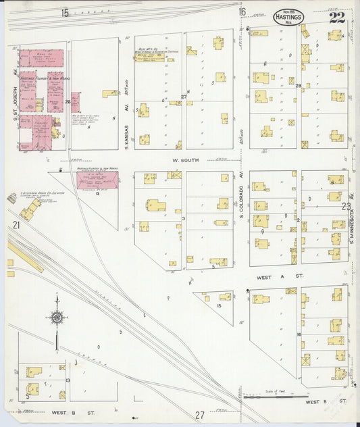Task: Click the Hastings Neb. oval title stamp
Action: click(x=288, y=17)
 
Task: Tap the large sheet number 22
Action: click(x=336, y=18)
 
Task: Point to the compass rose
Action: click(x=58, y=317)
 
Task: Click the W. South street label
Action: click(x=184, y=160)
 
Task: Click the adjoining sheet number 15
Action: click(x=65, y=13)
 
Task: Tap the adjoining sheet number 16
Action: click(x=241, y=12)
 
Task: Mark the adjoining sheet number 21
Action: click(x=16, y=234)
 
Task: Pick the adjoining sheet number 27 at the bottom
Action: click(x=199, y=415)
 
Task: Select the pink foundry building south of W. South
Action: click(x=97, y=180)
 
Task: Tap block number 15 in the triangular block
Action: click(x=219, y=306)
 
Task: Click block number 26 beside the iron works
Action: click(x=68, y=102)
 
